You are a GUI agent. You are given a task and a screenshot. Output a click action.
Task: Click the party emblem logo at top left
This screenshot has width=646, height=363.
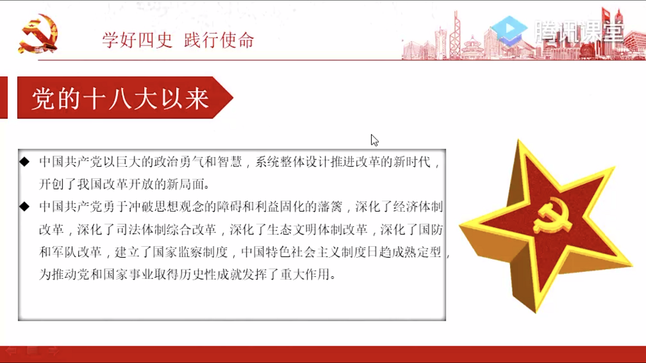pyautogui.click(x=38, y=34)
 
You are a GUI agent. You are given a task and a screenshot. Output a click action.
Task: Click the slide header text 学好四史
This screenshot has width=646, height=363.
pyautogui.click(x=138, y=41)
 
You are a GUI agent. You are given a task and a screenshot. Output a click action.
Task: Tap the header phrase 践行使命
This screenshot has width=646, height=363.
pyautogui.click(x=219, y=41)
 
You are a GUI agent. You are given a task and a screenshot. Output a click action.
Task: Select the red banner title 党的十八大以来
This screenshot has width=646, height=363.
pyautogui.click(x=120, y=99)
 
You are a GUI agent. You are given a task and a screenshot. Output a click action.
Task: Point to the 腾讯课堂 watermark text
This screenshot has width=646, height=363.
pyautogui.click(x=580, y=31)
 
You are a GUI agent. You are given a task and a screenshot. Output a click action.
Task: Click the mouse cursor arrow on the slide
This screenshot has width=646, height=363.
pyautogui.click(x=374, y=140)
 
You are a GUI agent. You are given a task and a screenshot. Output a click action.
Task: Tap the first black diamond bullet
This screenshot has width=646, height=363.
pyautogui.click(x=25, y=162)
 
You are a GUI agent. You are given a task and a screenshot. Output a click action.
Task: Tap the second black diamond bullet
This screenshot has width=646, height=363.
pyautogui.click(x=25, y=207)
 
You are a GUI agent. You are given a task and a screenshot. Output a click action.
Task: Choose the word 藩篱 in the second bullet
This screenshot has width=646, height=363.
pyautogui.click(x=330, y=207)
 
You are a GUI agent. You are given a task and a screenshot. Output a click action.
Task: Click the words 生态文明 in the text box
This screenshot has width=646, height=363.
pyautogui.click(x=292, y=229)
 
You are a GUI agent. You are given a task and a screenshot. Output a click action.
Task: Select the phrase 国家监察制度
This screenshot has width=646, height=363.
pyautogui.click(x=190, y=252)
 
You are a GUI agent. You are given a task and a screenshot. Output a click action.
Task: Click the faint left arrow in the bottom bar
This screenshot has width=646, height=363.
pyautogui.click(x=11, y=351)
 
